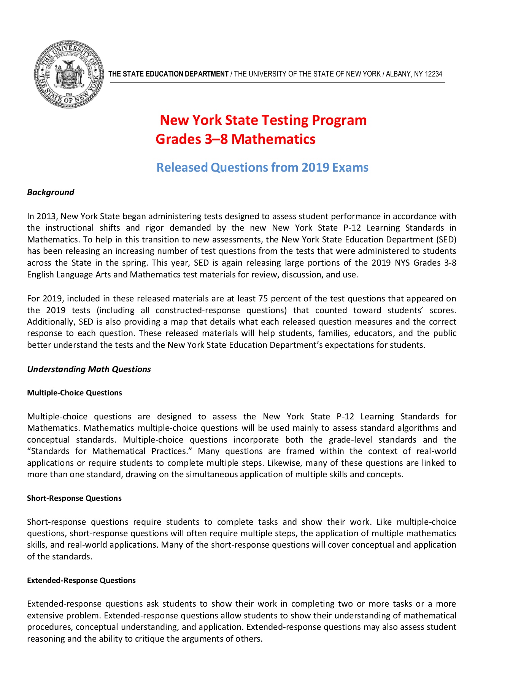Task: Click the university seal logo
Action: coord(69,74)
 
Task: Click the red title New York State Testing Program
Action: coord(263,120)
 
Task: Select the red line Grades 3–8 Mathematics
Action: coord(235,139)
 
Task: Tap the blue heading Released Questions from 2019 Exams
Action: coord(262,167)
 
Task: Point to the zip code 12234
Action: coord(434,74)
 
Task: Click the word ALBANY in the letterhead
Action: coord(398,74)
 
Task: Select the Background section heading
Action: coord(51,192)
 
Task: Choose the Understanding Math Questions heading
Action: coord(89,370)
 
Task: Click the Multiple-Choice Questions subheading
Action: coord(75,393)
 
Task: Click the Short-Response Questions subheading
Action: coord(74,499)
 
